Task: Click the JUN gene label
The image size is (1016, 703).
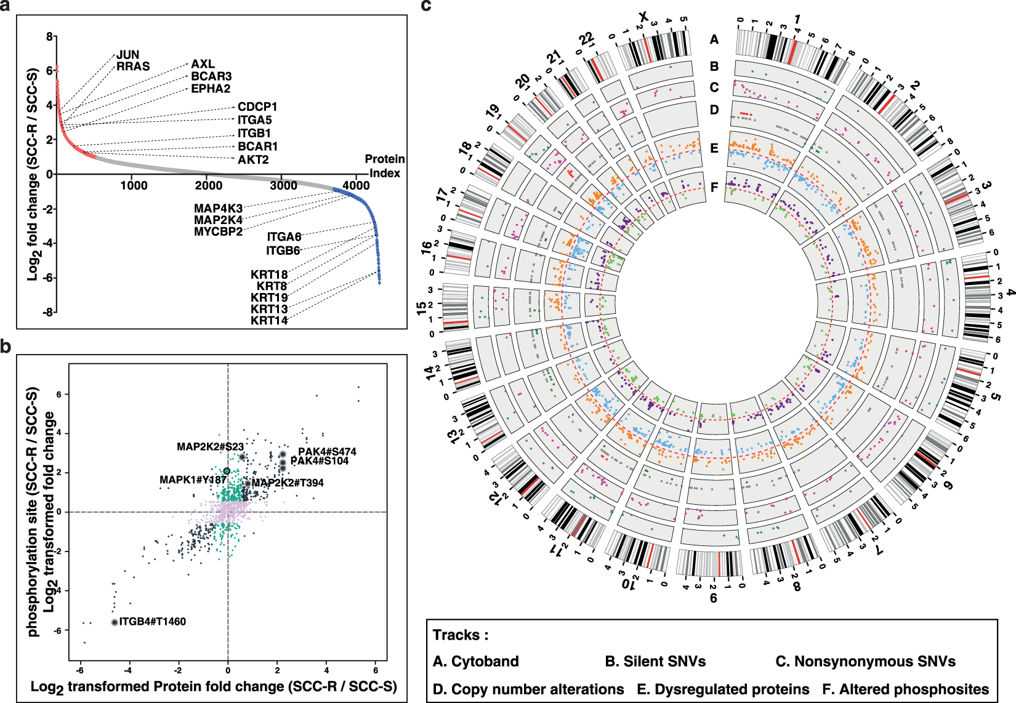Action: [x=128, y=55]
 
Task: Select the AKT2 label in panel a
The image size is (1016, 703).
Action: [x=253, y=160]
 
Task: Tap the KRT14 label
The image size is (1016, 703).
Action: [x=269, y=321]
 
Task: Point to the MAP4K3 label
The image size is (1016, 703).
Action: [x=218, y=209]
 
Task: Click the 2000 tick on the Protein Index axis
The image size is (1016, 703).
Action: [x=209, y=186]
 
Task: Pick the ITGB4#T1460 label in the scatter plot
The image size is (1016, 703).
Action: [x=152, y=622]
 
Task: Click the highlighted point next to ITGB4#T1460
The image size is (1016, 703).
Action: [x=115, y=622]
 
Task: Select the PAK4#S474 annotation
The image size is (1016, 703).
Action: [x=327, y=452]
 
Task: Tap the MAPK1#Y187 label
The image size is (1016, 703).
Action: [x=193, y=480]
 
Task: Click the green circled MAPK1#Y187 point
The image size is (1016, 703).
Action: [x=227, y=471]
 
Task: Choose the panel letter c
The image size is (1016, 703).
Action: [x=425, y=6]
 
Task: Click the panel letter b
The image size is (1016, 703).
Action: [x=6, y=347]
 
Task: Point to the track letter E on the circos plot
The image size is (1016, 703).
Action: [x=714, y=148]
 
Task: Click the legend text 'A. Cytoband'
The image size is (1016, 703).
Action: [x=475, y=662]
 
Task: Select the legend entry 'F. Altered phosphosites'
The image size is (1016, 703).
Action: [x=905, y=689]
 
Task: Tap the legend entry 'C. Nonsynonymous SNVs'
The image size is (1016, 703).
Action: [x=865, y=662]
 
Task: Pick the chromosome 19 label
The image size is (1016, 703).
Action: [x=493, y=111]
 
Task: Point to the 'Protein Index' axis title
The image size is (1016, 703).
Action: [x=385, y=166]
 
